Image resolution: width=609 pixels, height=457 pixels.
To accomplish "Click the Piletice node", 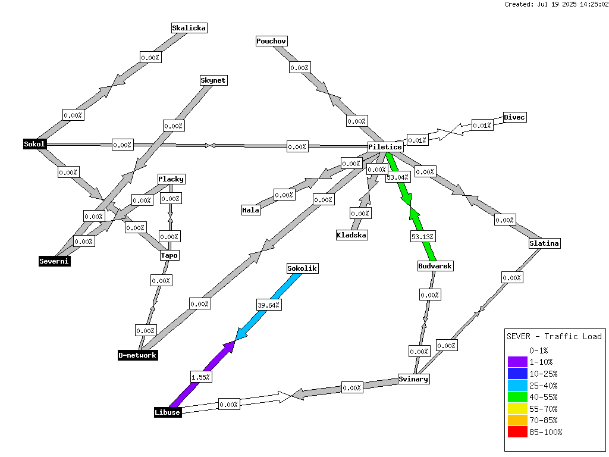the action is click(x=385, y=147).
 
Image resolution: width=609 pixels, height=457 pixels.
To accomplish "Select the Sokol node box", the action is click(x=34, y=144).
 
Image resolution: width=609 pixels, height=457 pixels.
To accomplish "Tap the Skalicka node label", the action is click(x=189, y=28).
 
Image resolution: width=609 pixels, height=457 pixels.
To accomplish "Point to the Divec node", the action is click(x=514, y=117).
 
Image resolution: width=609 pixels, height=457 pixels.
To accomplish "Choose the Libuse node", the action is click(x=167, y=412).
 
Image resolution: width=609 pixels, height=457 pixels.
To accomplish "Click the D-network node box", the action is click(x=138, y=355).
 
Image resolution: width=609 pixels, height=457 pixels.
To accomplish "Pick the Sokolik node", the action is click(x=302, y=268).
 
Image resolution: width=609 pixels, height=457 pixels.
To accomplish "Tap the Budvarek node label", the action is click(x=435, y=266).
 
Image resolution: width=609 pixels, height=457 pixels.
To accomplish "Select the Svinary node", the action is click(x=414, y=379).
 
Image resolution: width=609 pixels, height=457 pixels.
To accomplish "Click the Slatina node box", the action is click(x=544, y=243).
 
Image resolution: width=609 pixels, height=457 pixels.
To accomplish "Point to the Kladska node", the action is click(x=351, y=235).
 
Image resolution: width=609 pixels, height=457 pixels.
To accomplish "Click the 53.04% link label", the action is click(x=398, y=177).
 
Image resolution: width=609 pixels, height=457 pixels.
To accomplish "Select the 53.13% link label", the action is click(x=423, y=236).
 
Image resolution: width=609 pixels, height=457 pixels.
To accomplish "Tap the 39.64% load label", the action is click(x=268, y=305).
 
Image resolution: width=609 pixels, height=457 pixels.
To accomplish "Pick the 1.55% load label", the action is click(x=201, y=377).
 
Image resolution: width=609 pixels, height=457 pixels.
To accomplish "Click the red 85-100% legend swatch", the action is click(x=517, y=432).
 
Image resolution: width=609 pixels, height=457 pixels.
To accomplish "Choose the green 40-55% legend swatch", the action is click(x=517, y=397).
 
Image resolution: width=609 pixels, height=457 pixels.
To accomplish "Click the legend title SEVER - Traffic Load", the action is click(x=554, y=337).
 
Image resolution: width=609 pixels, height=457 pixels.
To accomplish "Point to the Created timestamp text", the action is click(x=556, y=4).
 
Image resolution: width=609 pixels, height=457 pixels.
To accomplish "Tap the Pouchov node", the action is click(x=271, y=41).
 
